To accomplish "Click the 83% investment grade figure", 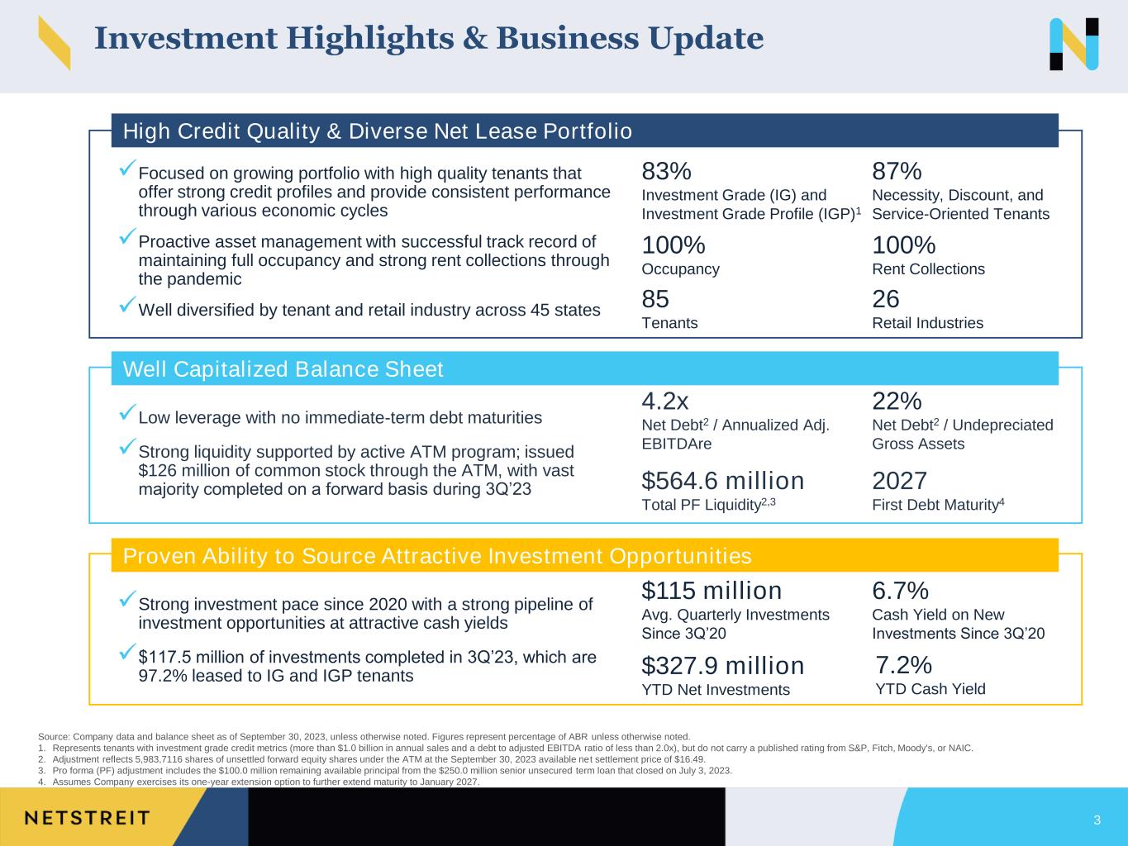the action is pyautogui.click(x=666, y=171).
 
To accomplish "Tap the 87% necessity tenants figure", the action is pyautogui.click(x=897, y=171).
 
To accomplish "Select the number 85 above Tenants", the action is pyautogui.click(x=655, y=299).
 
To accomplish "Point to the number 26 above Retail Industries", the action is pyautogui.click(x=885, y=299).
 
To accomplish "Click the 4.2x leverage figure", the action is pyautogui.click(x=665, y=402).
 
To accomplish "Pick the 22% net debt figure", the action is pyautogui.click(x=897, y=402).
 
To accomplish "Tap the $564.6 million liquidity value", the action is pyautogui.click(x=722, y=482).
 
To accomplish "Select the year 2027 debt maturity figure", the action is pyautogui.click(x=899, y=482).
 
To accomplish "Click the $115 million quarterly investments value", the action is pyautogui.click(x=712, y=591).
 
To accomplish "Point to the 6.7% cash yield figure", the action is pyautogui.click(x=901, y=591).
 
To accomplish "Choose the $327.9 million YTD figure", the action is pyautogui.click(x=722, y=666).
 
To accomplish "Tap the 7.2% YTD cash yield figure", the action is pyautogui.click(x=903, y=665).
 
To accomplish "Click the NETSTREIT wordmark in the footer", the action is pyautogui.click(x=88, y=818).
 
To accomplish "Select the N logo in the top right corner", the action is pyautogui.click(x=1074, y=44).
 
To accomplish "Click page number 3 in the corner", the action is pyautogui.click(x=1097, y=820).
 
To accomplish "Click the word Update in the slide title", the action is pyautogui.click(x=706, y=39).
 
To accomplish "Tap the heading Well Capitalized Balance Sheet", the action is pyautogui.click(x=283, y=369).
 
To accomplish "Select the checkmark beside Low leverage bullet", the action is pyautogui.click(x=127, y=411).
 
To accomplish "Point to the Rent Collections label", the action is pyautogui.click(x=928, y=269).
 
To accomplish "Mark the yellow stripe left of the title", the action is pyautogui.click(x=55, y=43).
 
